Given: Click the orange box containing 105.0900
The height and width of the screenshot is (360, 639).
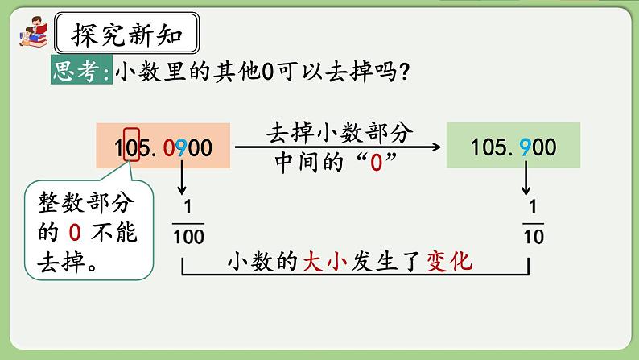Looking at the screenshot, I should coord(163,147).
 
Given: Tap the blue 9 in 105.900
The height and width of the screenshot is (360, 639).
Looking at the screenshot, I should coord(525,147).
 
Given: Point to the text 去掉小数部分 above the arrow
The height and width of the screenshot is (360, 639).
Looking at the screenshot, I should coord(338,133).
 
